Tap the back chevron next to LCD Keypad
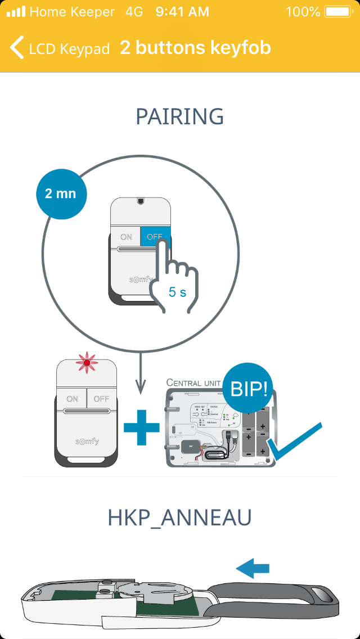click(x=17, y=48)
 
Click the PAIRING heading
click(x=180, y=117)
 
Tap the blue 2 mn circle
click(x=60, y=193)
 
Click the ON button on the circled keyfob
click(x=125, y=237)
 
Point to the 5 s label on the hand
click(x=177, y=292)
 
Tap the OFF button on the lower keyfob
click(x=101, y=399)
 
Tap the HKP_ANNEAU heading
click(x=179, y=518)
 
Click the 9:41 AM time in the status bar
click(x=182, y=11)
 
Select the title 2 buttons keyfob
click(x=195, y=48)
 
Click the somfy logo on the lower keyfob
click(x=87, y=441)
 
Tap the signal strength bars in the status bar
click(x=16, y=11)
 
